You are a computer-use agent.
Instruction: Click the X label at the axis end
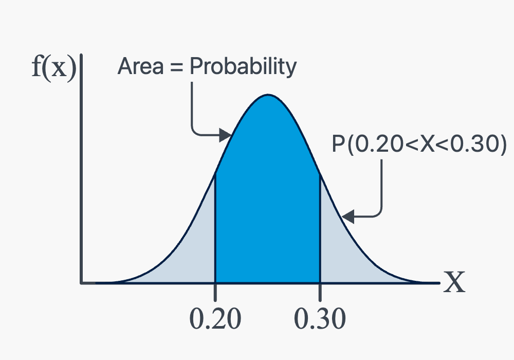454,282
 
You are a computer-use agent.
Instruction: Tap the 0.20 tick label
215,319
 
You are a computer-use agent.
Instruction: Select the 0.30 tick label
320,319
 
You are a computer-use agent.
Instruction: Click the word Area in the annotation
140,66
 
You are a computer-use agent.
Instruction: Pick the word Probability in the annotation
243,67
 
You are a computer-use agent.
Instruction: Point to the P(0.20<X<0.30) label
419,145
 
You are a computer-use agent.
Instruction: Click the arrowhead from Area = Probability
226,135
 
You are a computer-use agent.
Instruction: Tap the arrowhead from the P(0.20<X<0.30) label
347,217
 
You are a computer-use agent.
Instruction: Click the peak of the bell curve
268,95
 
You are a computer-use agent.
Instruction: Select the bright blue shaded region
267,197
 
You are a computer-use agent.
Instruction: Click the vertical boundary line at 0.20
215,227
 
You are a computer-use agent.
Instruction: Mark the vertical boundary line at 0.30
320,227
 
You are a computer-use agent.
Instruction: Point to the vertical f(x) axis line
81,169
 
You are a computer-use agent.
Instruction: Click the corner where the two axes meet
81,283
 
